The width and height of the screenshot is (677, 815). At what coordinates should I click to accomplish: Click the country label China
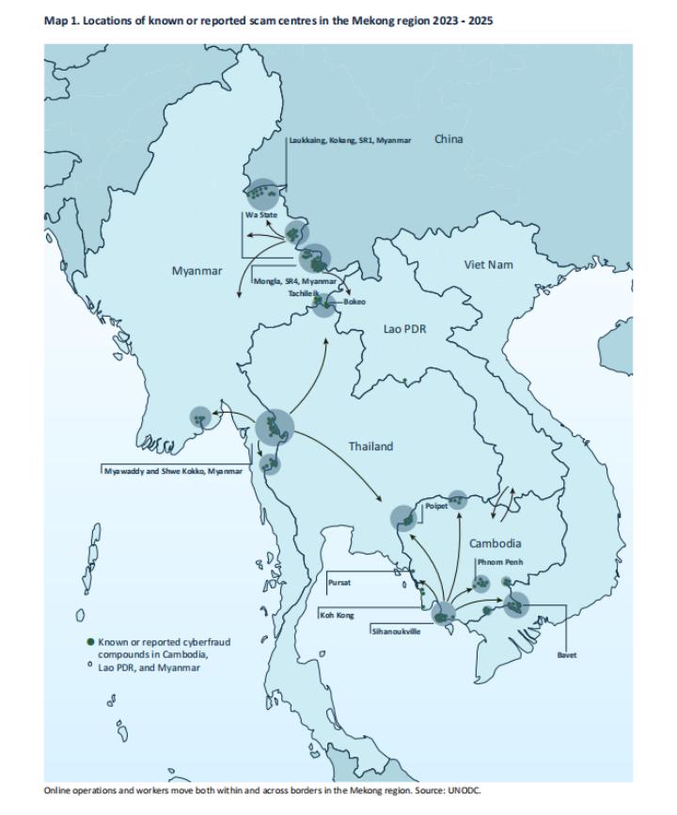tap(449, 139)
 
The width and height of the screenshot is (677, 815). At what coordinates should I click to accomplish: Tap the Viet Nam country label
tap(488, 264)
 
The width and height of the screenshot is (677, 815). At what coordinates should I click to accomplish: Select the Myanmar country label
tap(197, 271)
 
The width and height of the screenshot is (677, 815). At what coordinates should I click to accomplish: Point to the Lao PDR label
tap(404, 329)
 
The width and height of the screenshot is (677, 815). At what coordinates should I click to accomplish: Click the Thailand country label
tap(370, 446)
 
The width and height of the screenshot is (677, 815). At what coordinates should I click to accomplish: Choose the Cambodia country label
tap(495, 543)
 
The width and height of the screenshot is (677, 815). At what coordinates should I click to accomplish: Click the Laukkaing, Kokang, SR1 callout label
tap(350, 140)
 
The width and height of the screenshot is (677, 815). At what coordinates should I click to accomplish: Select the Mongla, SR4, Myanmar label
tap(294, 281)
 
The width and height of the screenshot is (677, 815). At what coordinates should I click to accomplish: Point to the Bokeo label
tap(354, 302)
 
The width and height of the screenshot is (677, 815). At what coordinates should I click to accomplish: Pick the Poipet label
tap(436, 505)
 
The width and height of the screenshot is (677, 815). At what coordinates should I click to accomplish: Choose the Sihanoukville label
tap(396, 632)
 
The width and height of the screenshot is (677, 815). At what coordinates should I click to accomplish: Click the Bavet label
tap(566, 654)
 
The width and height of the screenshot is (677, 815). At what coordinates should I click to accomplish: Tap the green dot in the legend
tap(91, 643)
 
